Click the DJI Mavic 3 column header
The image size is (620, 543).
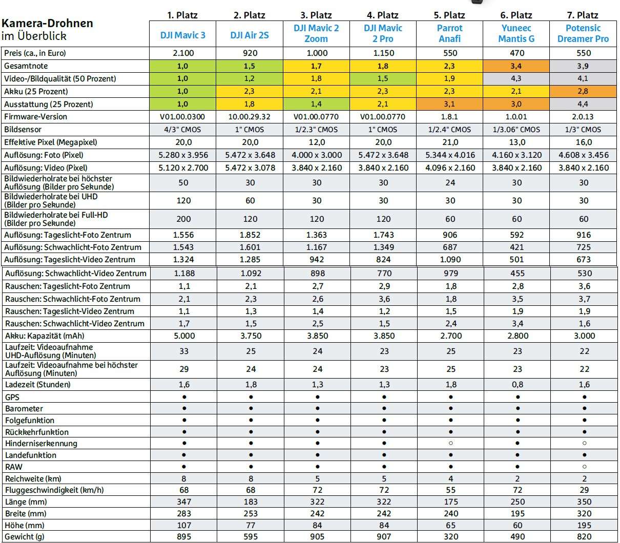183,35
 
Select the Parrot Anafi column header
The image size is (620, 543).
450,33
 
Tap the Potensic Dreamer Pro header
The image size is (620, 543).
583,33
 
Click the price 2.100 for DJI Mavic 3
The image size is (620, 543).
183,53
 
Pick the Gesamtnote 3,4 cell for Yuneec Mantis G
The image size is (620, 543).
517,66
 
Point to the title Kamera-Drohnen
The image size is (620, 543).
48,24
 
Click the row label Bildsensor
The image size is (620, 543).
23,130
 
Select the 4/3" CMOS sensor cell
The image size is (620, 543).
183,130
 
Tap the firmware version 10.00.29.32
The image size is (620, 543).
250,117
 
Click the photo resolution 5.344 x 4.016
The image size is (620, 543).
450,155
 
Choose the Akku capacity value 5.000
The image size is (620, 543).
184,336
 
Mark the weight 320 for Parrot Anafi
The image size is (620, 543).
450,536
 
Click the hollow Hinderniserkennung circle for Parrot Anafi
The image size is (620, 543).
450,443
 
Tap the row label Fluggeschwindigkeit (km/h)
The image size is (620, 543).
54,490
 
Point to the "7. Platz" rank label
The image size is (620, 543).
583,15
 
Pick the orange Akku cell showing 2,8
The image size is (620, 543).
583,92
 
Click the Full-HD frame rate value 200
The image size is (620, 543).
183,219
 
